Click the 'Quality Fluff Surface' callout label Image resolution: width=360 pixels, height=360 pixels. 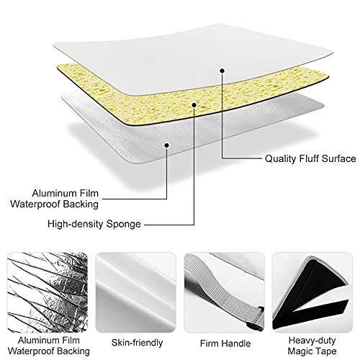click(x=310, y=158)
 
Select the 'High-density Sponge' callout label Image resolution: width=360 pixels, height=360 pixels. click(x=94, y=224)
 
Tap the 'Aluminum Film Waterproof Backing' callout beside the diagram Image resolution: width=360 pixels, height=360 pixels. click(x=55, y=199)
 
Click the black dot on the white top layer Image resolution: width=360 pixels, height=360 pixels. click(x=222, y=71)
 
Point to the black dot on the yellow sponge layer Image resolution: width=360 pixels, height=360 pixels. click(x=194, y=105)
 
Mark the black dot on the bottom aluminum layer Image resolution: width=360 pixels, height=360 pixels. click(x=166, y=145)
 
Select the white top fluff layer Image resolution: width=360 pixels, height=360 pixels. click(x=192, y=58)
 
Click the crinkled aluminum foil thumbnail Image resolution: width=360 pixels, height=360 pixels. click(x=48, y=292)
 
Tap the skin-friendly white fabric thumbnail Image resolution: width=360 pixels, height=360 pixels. click(x=136, y=292)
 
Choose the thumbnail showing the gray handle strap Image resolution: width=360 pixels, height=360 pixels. click(x=224, y=292)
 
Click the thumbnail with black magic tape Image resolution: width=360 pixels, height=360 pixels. click(x=312, y=292)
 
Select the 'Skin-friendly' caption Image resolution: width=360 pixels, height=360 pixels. click(x=137, y=343)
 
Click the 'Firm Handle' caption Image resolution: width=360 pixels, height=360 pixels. click(x=225, y=343)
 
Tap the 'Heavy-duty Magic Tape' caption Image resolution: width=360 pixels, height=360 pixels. click(x=312, y=346)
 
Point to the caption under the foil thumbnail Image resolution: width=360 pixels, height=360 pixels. click(x=49, y=346)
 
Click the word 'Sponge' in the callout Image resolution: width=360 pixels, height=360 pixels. click(x=123, y=225)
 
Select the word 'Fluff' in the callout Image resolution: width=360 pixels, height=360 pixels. click(x=309, y=158)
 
